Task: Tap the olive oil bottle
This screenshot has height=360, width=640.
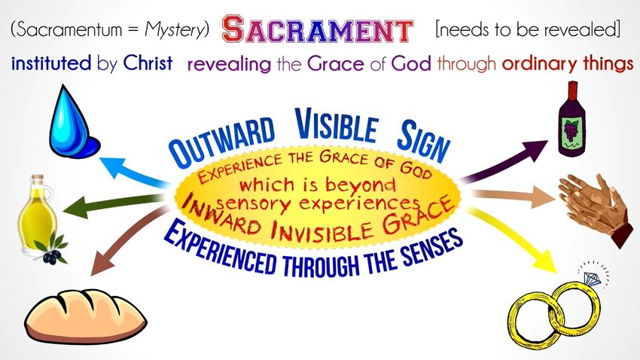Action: click(38, 216)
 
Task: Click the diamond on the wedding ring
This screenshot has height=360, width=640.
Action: click(592, 279)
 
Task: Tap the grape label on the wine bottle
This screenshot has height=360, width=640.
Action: click(572, 134)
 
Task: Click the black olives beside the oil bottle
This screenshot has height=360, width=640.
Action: click(51, 257)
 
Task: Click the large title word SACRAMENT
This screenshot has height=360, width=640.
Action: click(317, 29)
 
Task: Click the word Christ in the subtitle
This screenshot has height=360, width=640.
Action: click(148, 64)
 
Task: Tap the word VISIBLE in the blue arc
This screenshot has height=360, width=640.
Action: click(336, 125)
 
